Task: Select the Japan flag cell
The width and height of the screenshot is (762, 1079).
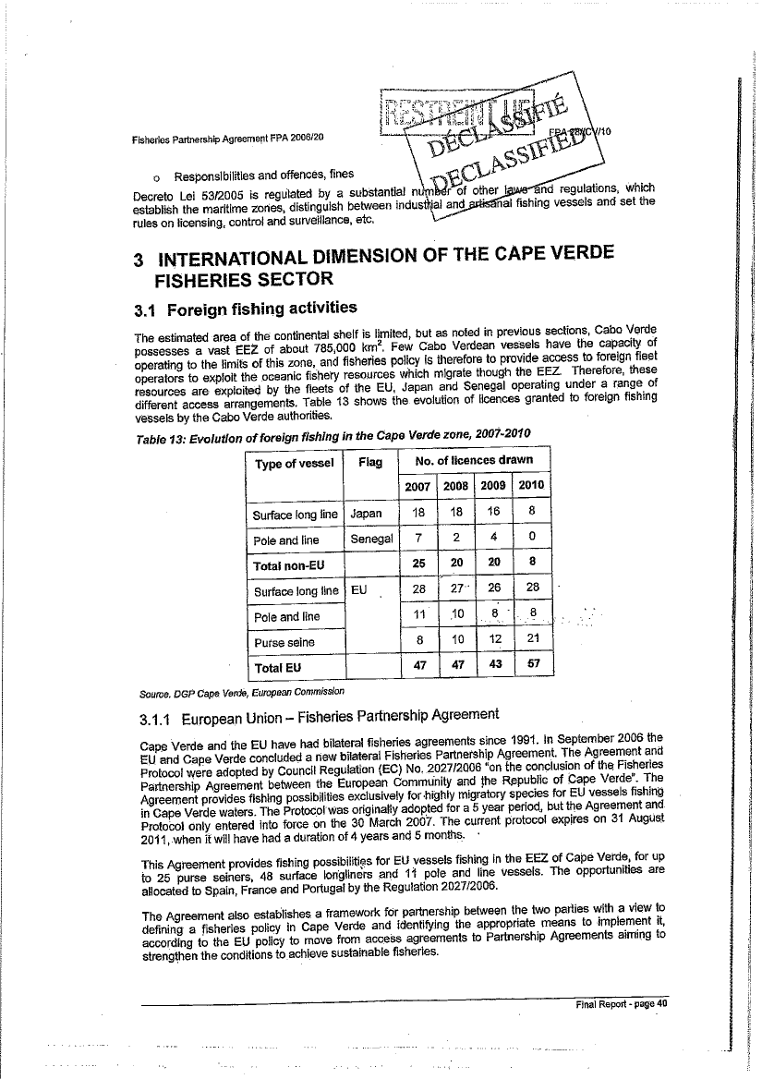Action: click(x=367, y=514)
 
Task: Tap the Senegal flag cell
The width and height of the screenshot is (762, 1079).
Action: click(x=371, y=539)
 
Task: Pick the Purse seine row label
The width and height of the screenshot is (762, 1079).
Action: click(x=283, y=642)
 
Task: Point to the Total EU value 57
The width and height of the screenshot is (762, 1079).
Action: click(x=530, y=665)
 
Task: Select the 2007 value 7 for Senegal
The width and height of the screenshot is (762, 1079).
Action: click(x=419, y=539)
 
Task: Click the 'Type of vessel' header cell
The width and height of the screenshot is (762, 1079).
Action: click(x=294, y=463)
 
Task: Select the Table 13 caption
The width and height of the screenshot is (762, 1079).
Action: click(x=332, y=437)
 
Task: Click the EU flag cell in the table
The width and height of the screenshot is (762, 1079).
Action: click(x=360, y=591)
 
